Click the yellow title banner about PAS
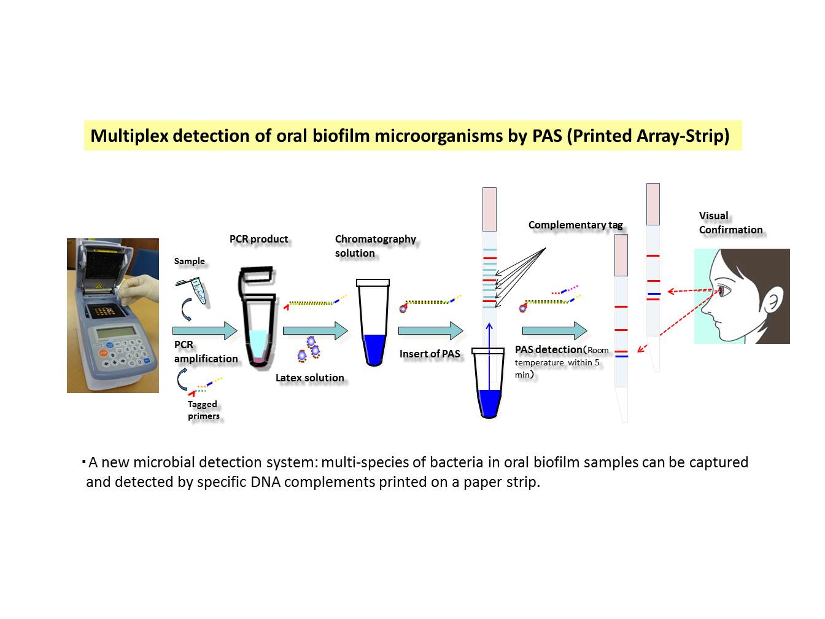pos(412,135)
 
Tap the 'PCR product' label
pos(258,239)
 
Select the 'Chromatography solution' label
pos(375,246)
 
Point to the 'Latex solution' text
pos(310,378)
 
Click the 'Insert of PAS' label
pos(430,354)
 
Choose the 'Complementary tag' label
pos(575,225)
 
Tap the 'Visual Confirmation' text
pos(730,222)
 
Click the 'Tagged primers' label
pos(203,410)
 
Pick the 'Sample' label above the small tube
pos(189,261)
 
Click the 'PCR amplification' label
pos(206,351)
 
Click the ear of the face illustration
pos(773,302)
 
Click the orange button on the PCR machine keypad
pos(103,353)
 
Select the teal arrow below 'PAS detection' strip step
pos(554,330)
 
